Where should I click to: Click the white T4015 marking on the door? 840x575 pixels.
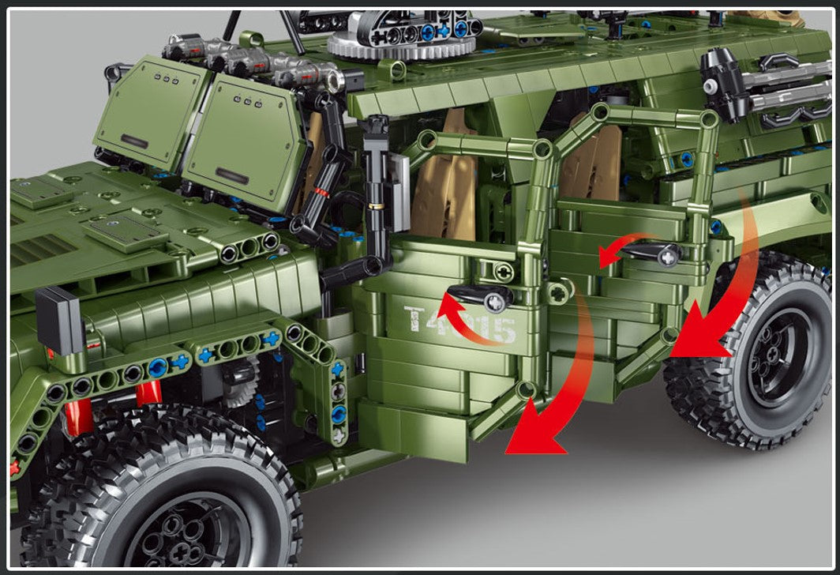coord(460,324)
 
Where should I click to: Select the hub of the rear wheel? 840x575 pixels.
coord(777,360)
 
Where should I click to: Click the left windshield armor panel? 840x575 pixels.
coord(150,115)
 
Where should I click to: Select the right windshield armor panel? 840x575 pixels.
coord(249,142)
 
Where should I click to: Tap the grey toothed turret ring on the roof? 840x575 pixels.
coord(403,43)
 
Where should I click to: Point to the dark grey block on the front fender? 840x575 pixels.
coord(59,320)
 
